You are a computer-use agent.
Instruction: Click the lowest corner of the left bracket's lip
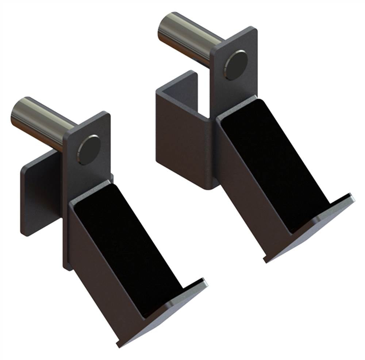tap(118, 345)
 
